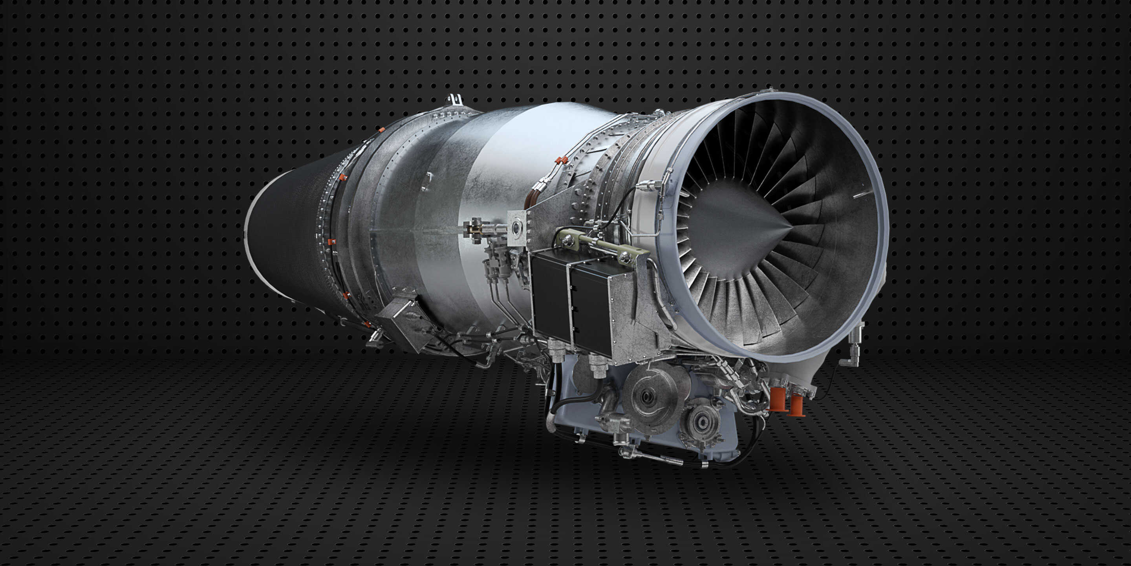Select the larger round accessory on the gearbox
point(650,396)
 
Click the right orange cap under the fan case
point(796,406)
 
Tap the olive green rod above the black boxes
point(602,246)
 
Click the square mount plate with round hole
point(517,228)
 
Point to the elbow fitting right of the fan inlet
point(852,351)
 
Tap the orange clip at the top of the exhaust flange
point(381,130)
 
